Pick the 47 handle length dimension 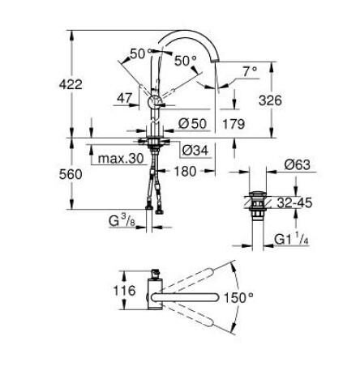(x=125, y=97)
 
